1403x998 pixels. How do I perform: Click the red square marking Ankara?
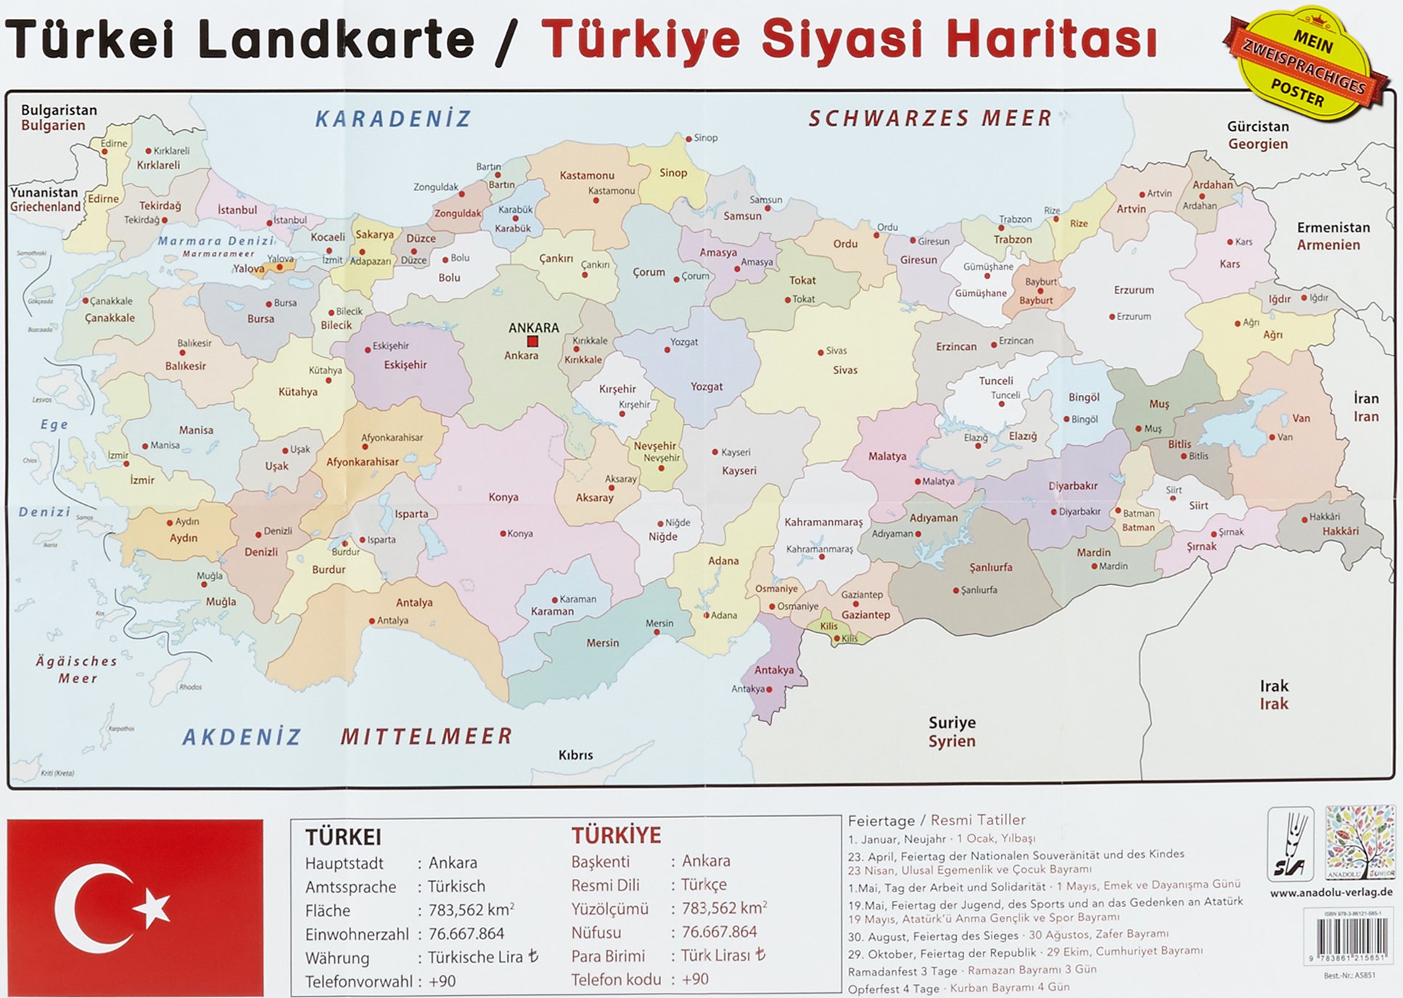532,341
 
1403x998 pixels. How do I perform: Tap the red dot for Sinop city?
689,138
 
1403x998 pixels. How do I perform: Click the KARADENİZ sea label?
393,119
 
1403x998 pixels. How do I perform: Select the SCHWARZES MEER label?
930,118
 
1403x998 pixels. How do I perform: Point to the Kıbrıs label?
575,755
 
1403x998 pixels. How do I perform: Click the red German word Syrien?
952,741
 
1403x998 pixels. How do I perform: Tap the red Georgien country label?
1258,144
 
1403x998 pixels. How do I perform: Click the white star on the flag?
153,908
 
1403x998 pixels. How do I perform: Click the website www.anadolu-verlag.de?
1331,893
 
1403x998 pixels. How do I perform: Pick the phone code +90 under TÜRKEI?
442,981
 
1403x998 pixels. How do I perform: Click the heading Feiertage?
881,820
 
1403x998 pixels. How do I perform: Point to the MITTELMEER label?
427,737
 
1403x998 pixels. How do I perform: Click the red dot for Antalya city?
372,621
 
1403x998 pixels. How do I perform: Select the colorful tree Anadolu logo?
1360,842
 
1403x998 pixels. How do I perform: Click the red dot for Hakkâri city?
1304,518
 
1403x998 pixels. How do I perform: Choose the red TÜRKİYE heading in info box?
616,835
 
